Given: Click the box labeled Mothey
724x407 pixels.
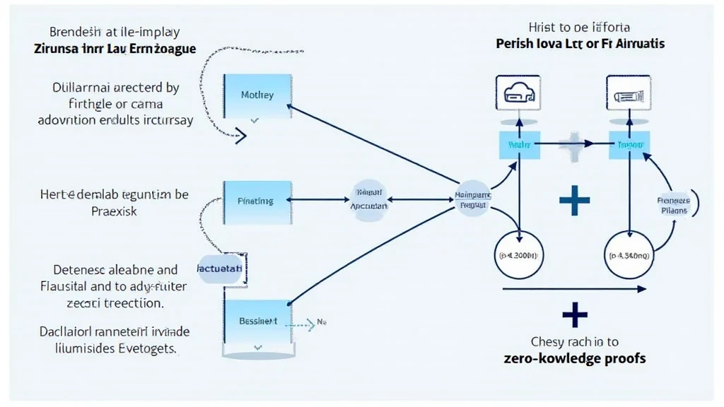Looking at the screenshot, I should coord(257,95).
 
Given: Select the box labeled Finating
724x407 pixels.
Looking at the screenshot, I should coord(257,201).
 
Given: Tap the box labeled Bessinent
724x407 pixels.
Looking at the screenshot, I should coord(257,322).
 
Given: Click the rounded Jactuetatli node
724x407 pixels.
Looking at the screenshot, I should coord(220,270).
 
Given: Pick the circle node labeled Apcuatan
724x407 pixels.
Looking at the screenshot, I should coord(369,201).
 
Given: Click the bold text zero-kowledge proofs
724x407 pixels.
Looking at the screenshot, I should coord(576,358).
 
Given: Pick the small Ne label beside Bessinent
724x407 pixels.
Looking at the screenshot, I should coord(320,322).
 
